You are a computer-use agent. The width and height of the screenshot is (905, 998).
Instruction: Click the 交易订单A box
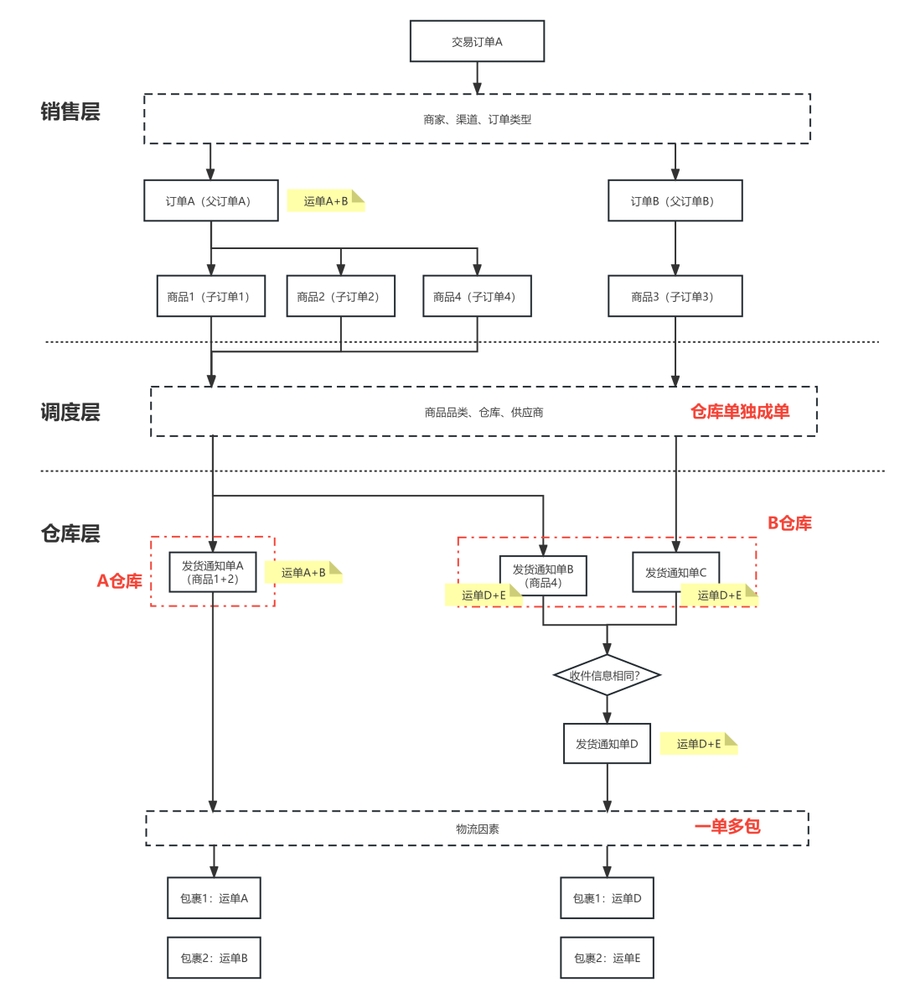[477, 42]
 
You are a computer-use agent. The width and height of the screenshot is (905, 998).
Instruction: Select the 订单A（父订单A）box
[210, 201]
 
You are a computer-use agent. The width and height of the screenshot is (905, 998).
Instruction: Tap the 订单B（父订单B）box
[675, 201]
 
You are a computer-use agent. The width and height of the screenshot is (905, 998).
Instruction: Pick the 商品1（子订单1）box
[210, 297]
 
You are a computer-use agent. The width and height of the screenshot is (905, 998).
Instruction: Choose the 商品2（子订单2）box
[340, 297]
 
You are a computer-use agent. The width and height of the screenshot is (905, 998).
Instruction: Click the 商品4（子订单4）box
[477, 297]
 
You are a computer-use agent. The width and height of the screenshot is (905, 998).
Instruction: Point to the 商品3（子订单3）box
[675, 297]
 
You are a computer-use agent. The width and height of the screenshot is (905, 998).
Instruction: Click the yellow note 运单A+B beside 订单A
[326, 201]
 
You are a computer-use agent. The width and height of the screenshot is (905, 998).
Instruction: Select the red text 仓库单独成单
[740, 411]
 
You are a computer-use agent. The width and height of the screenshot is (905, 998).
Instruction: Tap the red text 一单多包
[727, 827]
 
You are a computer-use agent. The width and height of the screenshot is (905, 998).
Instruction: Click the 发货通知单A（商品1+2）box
[213, 573]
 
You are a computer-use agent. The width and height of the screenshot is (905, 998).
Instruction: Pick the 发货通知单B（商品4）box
[543, 575]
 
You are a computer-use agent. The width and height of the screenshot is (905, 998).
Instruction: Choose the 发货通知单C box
[675, 573]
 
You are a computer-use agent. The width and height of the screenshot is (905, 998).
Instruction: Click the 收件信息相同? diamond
[607, 675]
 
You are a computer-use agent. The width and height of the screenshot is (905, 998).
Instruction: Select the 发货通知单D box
[607, 744]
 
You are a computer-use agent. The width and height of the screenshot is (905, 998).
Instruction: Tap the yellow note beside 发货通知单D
[698, 744]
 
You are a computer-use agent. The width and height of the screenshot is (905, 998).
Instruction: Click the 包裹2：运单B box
[214, 958]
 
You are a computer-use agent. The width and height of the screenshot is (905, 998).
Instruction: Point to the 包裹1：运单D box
[607, 898]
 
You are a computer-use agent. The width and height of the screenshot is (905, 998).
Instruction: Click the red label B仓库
[789, 523]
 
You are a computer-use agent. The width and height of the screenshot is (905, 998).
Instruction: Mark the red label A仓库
[120, 580]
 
